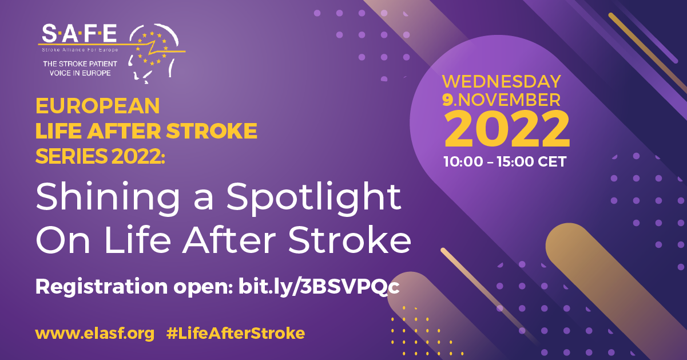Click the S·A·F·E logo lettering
(x=79, y=33)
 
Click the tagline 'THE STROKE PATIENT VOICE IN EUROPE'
(x=80, y=69)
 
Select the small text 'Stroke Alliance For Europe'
(x=80, y=50)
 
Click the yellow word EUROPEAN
(x=97, y=106)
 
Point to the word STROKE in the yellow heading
(x=212, y=131)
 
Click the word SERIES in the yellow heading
(x=72, y=156)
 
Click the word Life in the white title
(x=137, y=239)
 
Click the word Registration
(x=101, y=287)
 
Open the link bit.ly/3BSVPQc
(x=319, y=287)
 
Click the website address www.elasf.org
(x=95, y=334)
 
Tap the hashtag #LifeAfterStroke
(x=236, y=333)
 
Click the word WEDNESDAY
(x=502, y=81)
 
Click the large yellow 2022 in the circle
(x=507, y=129)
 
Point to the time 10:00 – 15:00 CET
(x=505, y=162)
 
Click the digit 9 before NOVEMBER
(x=447, y=100)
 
